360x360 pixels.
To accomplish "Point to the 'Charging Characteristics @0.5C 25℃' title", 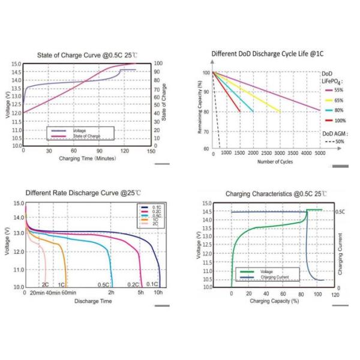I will (275, 194).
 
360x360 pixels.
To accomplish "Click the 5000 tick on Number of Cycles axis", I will (320, 154).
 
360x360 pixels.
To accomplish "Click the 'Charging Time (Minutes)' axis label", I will (87, 158).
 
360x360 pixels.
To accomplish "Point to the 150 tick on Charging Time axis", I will (136, 151).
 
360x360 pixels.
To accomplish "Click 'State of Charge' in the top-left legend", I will (86, 136).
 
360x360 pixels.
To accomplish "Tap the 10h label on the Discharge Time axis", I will (158, 293).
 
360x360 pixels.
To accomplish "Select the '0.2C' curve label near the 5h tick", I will (133, 284).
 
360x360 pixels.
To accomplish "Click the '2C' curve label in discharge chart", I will (45, 284).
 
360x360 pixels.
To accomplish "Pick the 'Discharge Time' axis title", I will (92, 301).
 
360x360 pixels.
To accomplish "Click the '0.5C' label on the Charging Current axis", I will (340, 212).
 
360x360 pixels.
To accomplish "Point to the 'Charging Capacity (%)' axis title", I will (274, 301).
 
